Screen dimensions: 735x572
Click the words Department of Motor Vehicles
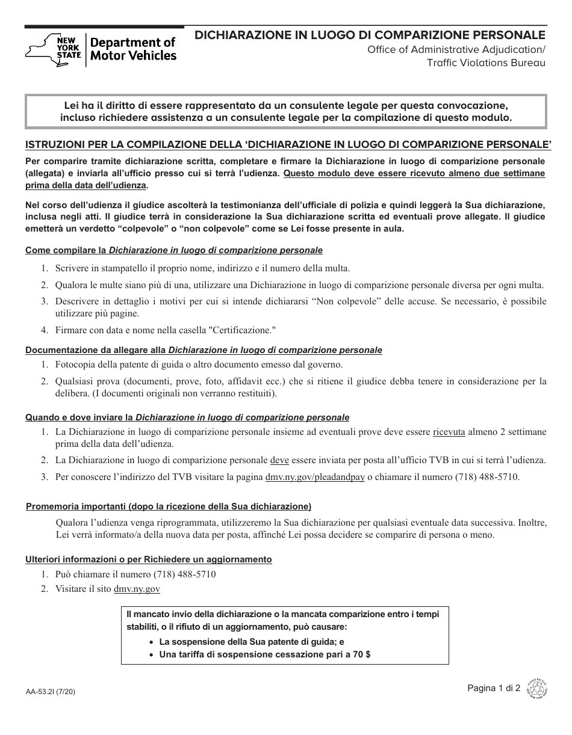pos(133,49)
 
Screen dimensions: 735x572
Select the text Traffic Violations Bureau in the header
pos(486,62)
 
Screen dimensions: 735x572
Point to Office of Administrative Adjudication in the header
pos(456,49)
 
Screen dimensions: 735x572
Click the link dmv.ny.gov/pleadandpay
pos(315,477)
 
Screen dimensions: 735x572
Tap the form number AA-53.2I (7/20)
pos(51,692)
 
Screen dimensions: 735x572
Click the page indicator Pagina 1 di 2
pos(494,689)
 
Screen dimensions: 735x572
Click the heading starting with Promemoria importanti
pos(169,506)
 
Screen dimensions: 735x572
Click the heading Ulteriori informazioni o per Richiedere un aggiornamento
pos(148,559)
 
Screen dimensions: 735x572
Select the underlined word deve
pos(279,460)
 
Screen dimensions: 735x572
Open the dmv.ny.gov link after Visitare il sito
pos(137,589)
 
